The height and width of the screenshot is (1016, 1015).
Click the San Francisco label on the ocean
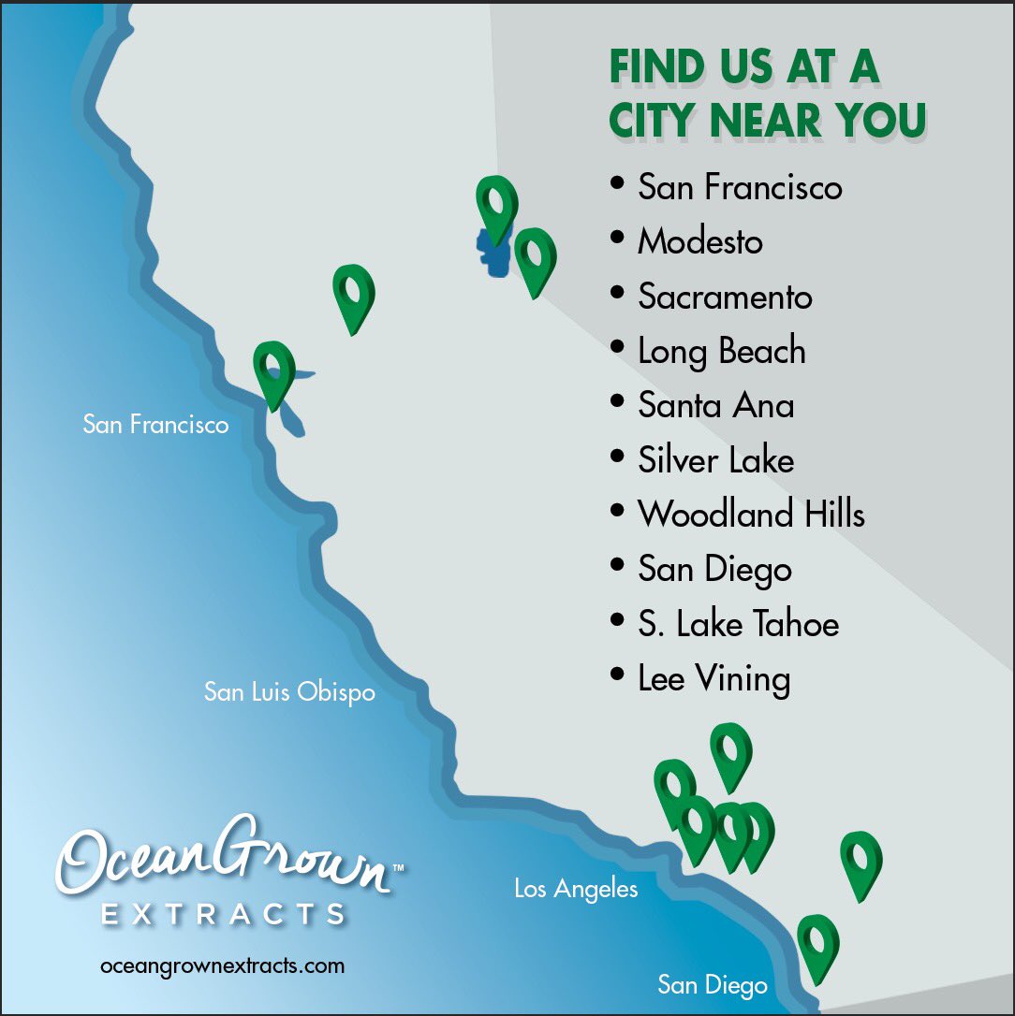tap(155, 425)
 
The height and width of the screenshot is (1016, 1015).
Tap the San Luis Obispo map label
tap(289, 692)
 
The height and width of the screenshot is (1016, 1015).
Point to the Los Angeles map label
tap(576, 889)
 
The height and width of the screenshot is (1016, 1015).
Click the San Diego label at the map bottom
tap(712, 984)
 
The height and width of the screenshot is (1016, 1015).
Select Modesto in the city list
tap(700, 241)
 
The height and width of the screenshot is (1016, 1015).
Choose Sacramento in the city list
tap(725, 297)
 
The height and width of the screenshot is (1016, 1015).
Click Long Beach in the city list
tap(721, 352)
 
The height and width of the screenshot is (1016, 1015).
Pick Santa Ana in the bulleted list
tap(716, 405)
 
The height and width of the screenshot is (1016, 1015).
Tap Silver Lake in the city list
tap(716, 459)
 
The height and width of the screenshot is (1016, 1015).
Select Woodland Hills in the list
tap(751, 514)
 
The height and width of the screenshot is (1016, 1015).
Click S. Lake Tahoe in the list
tap(739, 624)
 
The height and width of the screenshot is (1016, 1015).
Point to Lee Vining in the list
tap(713, 678)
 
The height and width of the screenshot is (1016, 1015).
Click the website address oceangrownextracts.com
tap(222, 965)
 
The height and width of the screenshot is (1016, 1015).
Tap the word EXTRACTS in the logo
tap(223, 913)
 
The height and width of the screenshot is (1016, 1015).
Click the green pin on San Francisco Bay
tap(274, 372)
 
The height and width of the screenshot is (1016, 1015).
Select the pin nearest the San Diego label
tap(817, 945)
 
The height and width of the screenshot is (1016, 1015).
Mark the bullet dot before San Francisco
tap(616, 182)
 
